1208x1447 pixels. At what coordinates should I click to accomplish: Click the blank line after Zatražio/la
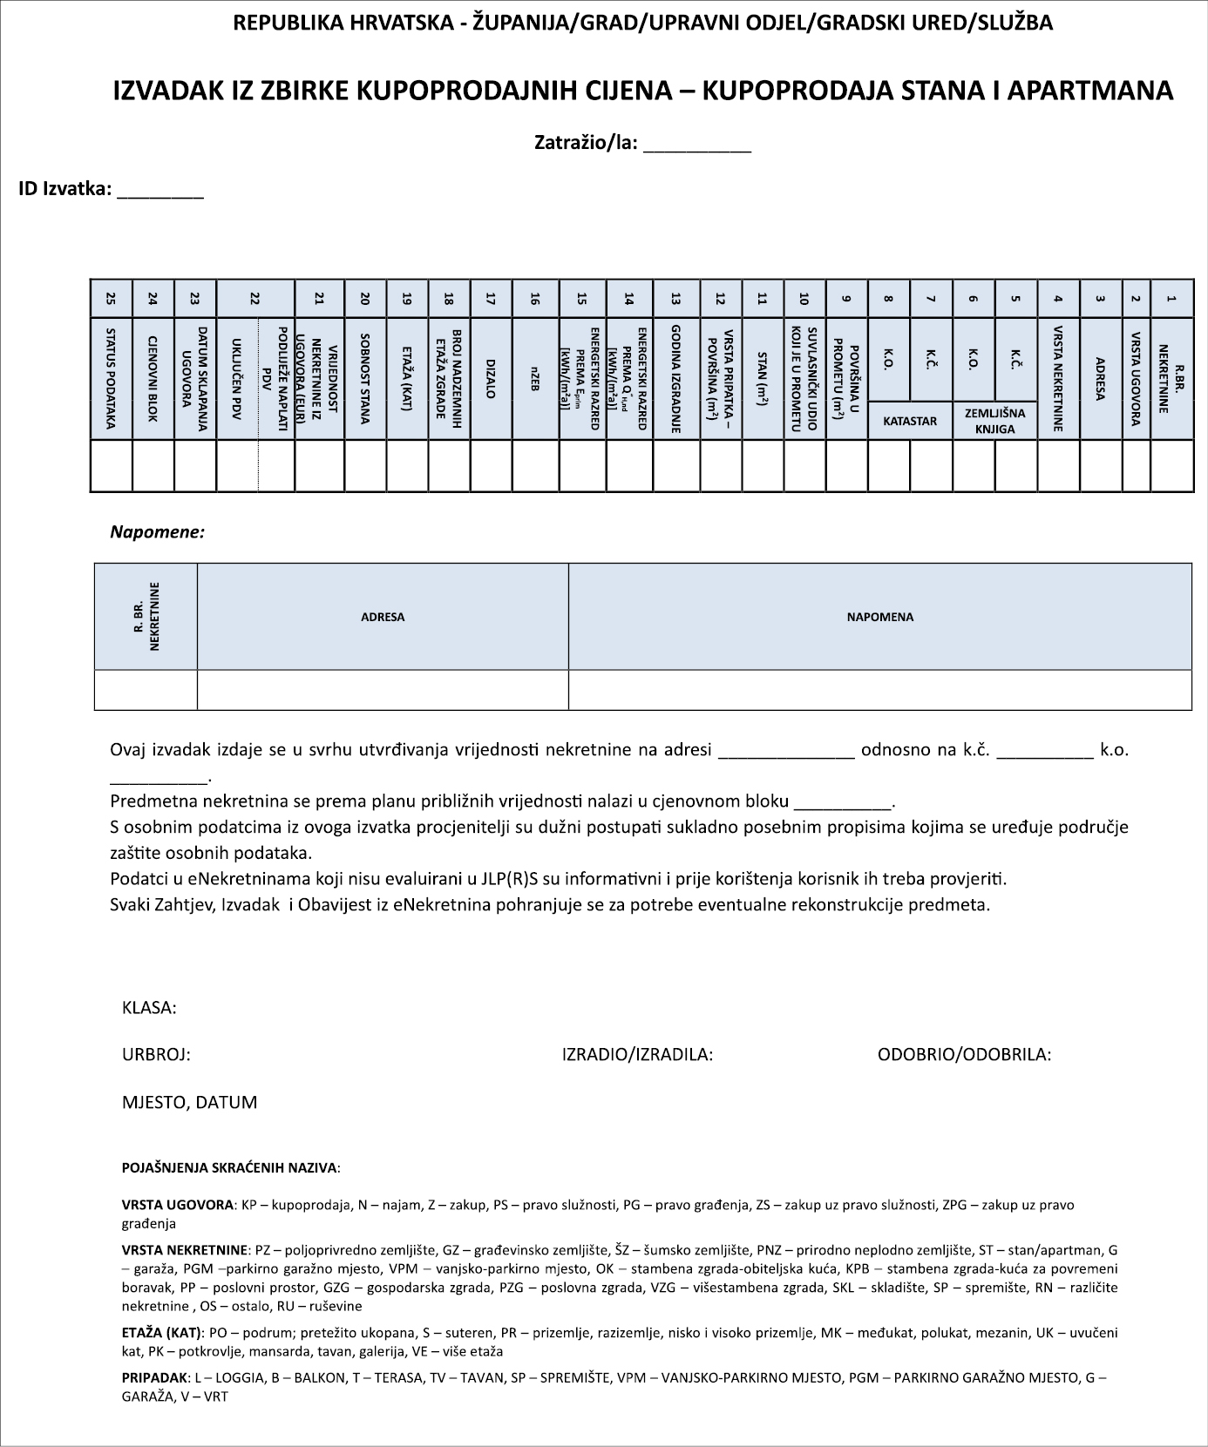[x=696, y=146]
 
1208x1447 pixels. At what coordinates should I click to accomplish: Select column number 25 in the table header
[x=111, y=299]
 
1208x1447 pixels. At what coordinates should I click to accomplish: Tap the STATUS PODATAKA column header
[x=111, y=378]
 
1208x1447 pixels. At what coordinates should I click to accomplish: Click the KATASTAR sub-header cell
[x=910, y=421]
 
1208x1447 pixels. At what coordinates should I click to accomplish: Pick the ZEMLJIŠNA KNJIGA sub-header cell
[x=994, y=421]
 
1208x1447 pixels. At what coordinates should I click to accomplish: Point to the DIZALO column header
[x=491, y=378]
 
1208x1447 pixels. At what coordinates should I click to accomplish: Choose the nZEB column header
[x=535, y=378]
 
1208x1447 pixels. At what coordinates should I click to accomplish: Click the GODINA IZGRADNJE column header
[x=675, y=378]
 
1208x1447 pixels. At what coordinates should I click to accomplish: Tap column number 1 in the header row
[x=1171, y=299]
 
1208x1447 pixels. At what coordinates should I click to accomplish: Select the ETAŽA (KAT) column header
[x=407, y=378]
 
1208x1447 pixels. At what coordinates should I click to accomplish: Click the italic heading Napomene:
[x=157, y=531]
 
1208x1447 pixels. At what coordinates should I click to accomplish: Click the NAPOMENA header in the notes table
[x=879, y=617]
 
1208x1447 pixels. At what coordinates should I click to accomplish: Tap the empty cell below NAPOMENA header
[x=879, y=690]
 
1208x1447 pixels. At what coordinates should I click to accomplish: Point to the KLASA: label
[x=149, y=1008]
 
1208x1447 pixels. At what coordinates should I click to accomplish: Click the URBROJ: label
[x=156, y=1055]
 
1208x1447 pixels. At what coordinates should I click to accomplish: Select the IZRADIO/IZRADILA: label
[x=637, y=1055]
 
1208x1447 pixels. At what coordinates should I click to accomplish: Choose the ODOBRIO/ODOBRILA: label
[x=964, y=1055]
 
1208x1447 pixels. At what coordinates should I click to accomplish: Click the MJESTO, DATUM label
[x=189, y=1103]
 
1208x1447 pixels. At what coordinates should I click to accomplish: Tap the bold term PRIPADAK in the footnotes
[x=155, y=1378]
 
